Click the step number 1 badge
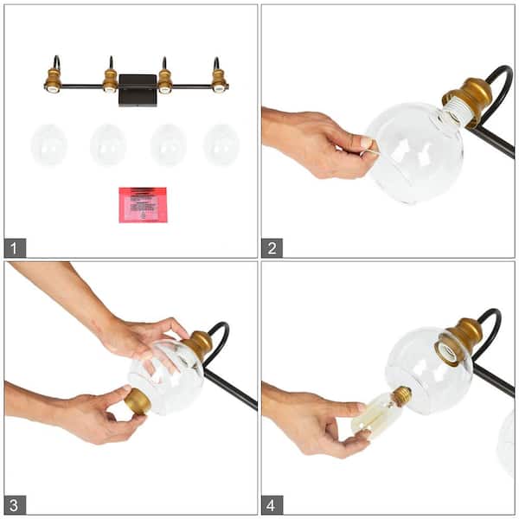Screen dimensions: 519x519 (x=15, y=247)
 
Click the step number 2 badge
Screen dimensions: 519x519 (x=272, y=247)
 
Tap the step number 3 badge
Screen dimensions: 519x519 (x=15, y=504)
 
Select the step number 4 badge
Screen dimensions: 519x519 (x=272, y=504)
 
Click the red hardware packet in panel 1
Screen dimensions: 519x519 (x=143, y=204)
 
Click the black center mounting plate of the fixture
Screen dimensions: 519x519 (x=138, y=89)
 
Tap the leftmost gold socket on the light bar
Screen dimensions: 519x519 (x=54, y=81)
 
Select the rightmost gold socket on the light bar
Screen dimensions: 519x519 (x=219, y=81)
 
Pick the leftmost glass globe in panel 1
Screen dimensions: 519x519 (x=49, y=144)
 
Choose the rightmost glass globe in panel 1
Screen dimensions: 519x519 (x=221, y=144)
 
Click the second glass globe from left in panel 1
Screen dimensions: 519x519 (x=108, y=144)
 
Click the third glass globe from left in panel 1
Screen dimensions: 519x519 (x=168, y=144)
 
